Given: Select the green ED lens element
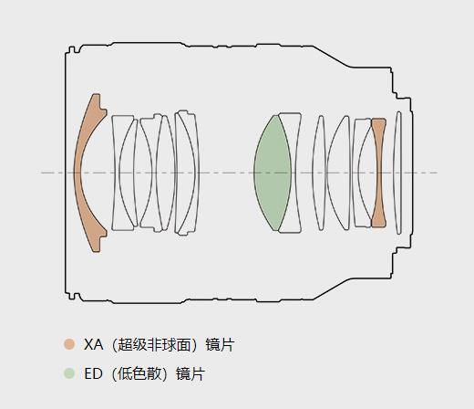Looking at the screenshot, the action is [272, 173].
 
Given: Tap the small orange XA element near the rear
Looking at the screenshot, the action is [378, 173].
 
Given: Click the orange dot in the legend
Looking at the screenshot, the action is [69, 344].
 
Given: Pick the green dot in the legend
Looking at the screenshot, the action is [69, 373].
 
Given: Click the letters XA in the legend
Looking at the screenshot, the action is [93, 344].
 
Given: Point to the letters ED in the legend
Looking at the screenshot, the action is [93, 373].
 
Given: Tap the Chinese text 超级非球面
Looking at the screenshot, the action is [155, 344].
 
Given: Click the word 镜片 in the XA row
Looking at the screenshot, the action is [220, 344].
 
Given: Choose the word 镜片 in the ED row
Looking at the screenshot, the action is [191, 373].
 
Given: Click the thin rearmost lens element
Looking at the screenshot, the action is [397, 173].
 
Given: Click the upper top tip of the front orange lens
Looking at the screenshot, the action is [96, 94].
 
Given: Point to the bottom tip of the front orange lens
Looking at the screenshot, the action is [96, 251].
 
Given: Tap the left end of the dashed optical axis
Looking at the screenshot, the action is [41, 173].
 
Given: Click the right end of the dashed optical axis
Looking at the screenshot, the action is [438, 173].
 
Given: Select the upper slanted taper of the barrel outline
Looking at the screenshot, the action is [331, 57].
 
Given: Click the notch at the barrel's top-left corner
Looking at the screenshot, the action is [72, 49].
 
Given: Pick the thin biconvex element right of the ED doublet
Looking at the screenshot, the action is [319, 173].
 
